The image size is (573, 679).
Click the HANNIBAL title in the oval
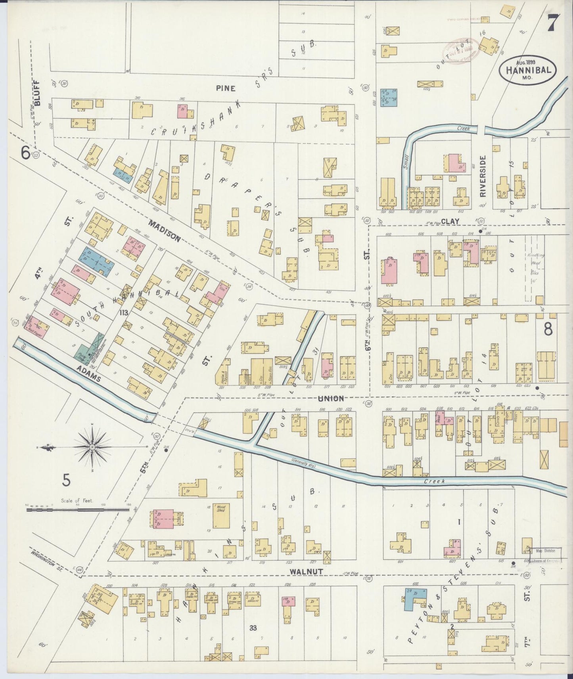tap(527, 70)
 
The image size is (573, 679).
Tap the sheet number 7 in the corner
tap(553, 23)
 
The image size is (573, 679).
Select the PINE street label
tap(226, 88)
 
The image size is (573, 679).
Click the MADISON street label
tap(165, 231)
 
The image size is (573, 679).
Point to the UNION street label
tap(330, 399)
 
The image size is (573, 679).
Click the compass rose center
tap(92, 447)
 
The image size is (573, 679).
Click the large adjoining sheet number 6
tap(25, 153)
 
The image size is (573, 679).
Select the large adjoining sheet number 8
tap(548, 329)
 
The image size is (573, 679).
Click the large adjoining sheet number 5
tap(66, 480)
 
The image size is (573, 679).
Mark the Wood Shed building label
tap(220, 508)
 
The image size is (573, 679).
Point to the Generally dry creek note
tap(303, 463)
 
